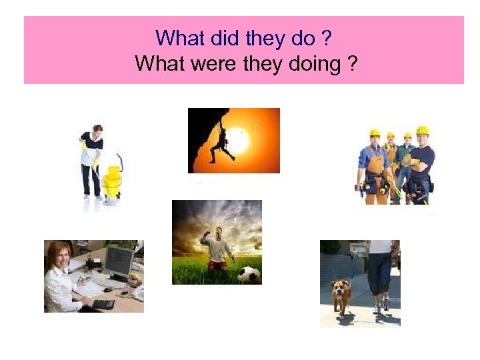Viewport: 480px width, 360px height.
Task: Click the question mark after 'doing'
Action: click(351, 64)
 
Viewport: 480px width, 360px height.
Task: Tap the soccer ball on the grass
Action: click(248, 274)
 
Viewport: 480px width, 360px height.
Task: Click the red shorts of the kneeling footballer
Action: click(217, 264)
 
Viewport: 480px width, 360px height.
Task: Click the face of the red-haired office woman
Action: click(59, 256)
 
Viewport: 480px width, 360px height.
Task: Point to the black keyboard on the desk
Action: click(103, 304)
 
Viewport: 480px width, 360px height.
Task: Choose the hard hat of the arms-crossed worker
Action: click(422, 131)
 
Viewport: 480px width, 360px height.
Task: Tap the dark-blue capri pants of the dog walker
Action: click(381, 273)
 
